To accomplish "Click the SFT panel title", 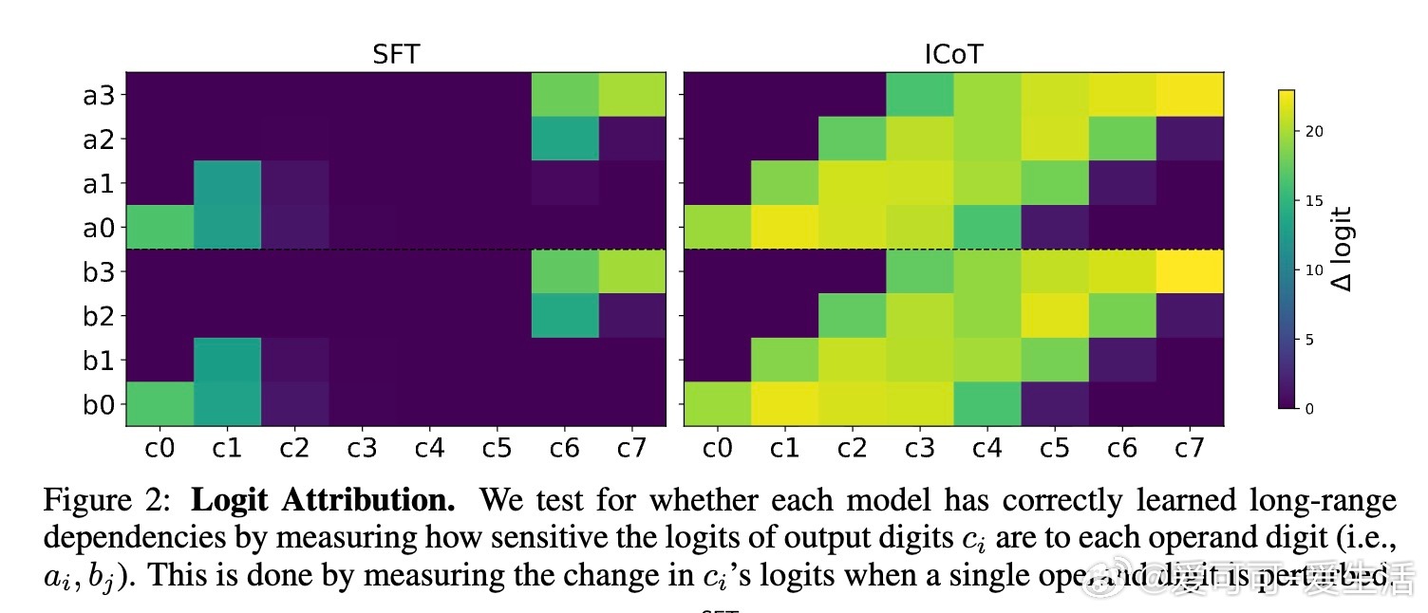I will [395, 55].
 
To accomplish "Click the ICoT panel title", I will [953, 55].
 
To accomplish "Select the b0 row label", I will [99, 405].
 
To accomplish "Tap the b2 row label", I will [99, 316].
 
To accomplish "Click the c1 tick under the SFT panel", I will [227, 447].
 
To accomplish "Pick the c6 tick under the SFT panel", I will [565, 447].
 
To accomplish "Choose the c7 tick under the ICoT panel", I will [1190, 447].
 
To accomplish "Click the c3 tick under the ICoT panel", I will [920, 447].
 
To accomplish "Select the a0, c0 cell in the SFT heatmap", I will [160, 227].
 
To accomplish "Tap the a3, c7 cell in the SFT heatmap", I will [632, 94].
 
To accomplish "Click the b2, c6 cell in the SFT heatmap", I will [565, 316].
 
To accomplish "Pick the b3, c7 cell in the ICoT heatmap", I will [1190, 271].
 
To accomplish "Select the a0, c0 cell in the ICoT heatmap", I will [717, 227].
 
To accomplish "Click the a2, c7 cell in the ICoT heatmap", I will [1190, 139].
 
